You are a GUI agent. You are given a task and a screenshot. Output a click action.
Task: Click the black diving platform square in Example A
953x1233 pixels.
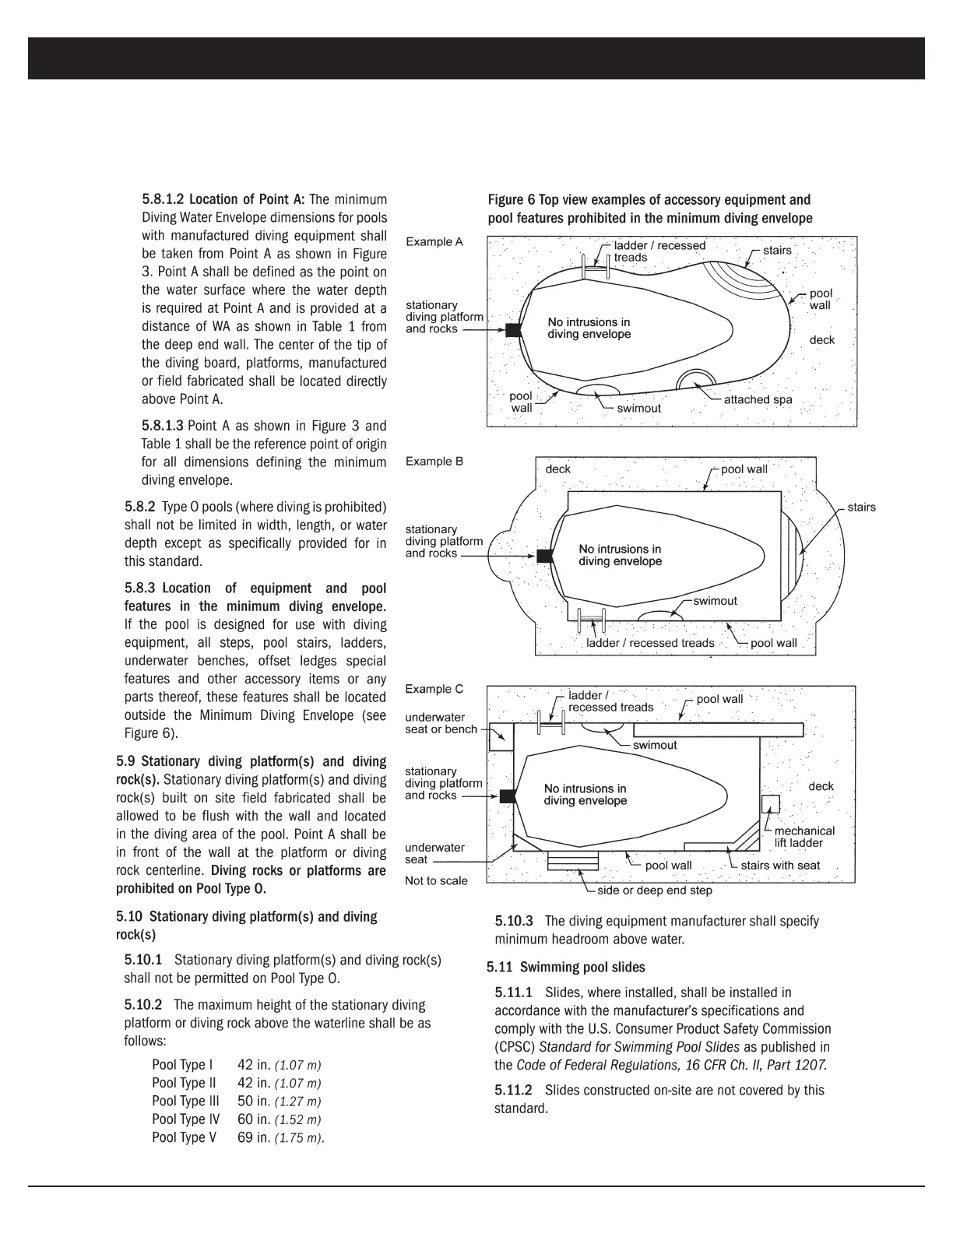point(513,329)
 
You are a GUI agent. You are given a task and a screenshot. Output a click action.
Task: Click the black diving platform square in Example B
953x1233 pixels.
point(545,556)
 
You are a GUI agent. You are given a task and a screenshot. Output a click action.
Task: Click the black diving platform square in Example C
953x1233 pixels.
point(508,796)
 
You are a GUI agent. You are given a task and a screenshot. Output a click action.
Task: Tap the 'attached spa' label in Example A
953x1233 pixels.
point(758,399)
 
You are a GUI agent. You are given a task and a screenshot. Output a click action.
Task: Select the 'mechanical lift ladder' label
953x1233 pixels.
point(804,837)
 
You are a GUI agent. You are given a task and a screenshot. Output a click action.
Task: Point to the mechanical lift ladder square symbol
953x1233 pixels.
point(770,804)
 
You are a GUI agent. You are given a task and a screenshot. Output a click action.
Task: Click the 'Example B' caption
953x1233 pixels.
point(434,462)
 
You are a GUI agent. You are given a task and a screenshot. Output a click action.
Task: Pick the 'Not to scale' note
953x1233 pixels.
point(436,880)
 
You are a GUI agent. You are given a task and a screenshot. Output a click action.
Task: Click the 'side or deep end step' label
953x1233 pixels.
point(654,890)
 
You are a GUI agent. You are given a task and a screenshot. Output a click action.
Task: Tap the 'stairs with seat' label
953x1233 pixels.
point(780,865)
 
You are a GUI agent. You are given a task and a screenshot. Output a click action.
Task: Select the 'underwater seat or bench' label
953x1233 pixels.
point(441,723)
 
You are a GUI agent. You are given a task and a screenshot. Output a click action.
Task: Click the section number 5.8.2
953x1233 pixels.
point(140,507)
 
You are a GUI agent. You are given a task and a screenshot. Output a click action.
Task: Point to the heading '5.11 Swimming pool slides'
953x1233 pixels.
point(566,968)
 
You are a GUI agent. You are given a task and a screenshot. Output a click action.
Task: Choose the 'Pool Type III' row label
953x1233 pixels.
point(185,1101)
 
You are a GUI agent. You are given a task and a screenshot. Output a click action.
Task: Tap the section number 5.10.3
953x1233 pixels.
point(514,921)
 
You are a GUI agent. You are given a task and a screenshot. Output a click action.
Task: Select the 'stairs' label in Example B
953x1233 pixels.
point(861,508)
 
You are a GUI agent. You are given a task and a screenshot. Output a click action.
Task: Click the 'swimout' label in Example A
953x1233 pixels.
point(638,408)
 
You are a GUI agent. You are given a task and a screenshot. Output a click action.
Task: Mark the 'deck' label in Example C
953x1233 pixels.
point(821,786)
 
